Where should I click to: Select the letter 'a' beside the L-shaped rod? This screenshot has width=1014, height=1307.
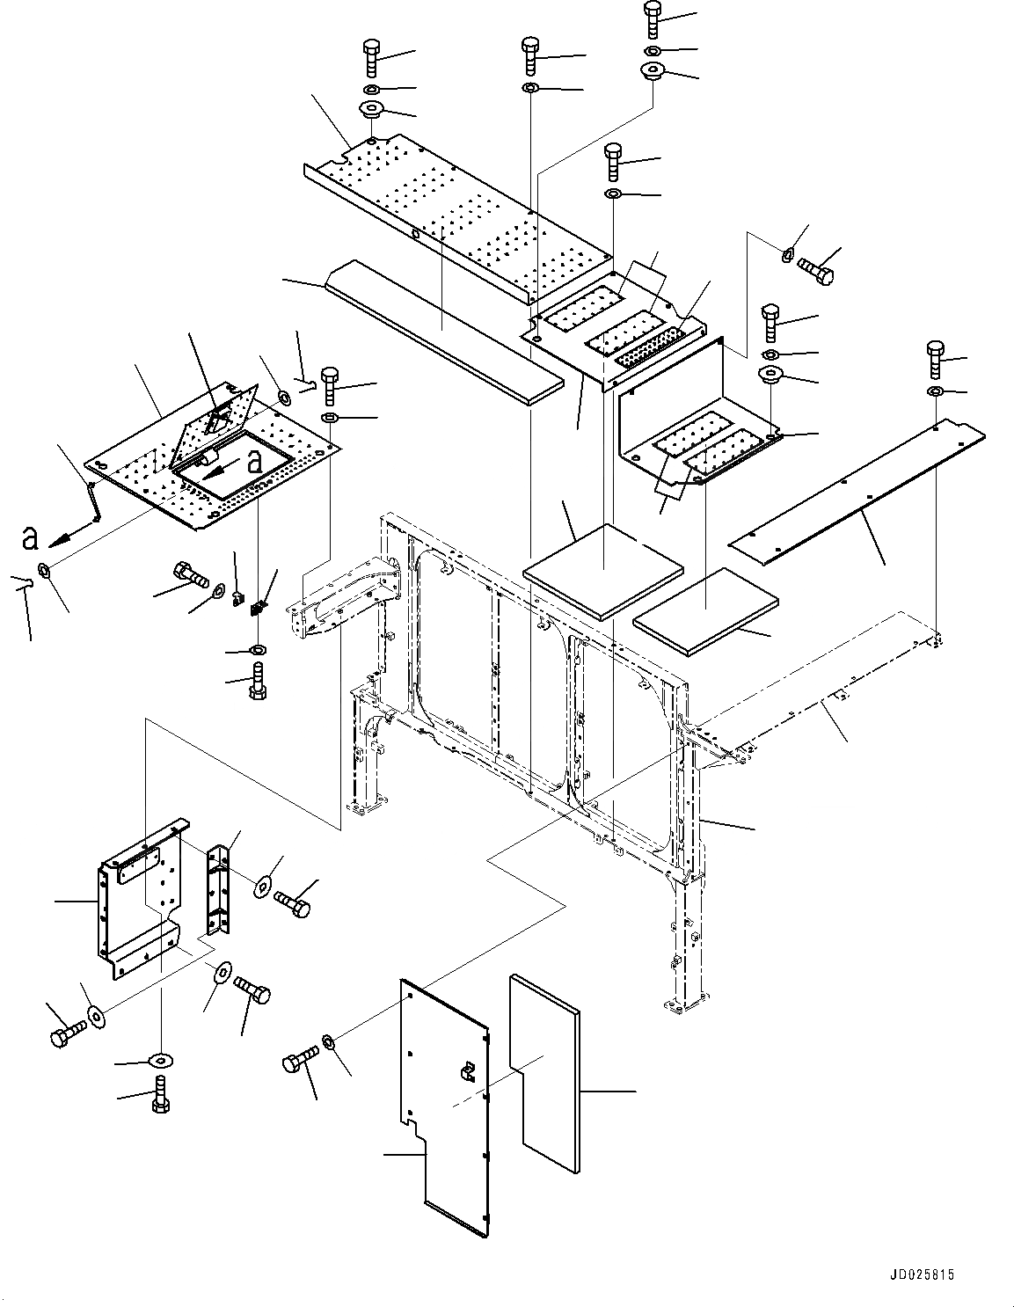point(30,537)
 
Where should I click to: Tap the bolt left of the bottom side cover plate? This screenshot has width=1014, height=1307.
point(298,1060)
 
